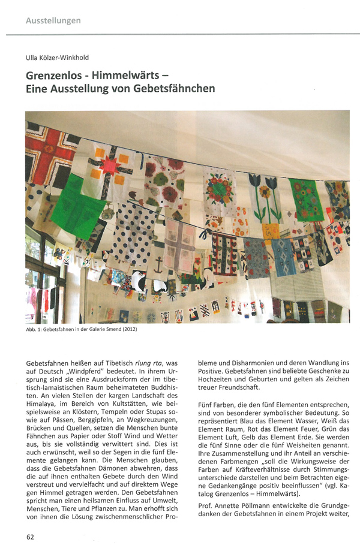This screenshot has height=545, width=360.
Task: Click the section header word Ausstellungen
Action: (x=53, y=21)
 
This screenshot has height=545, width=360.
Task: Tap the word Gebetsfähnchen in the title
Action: (x=178, y=89)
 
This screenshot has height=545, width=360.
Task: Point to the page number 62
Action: (x=30, y=535)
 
